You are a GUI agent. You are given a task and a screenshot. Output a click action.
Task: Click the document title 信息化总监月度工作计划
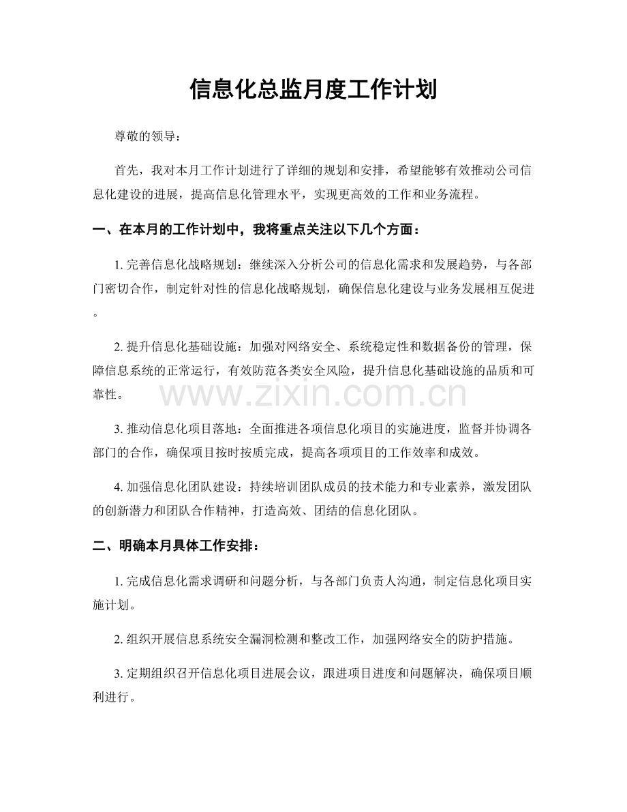click(313, 90)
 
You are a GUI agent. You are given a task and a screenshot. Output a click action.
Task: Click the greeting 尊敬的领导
click(145, 136)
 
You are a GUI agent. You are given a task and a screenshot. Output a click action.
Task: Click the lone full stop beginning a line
click(95, 313)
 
